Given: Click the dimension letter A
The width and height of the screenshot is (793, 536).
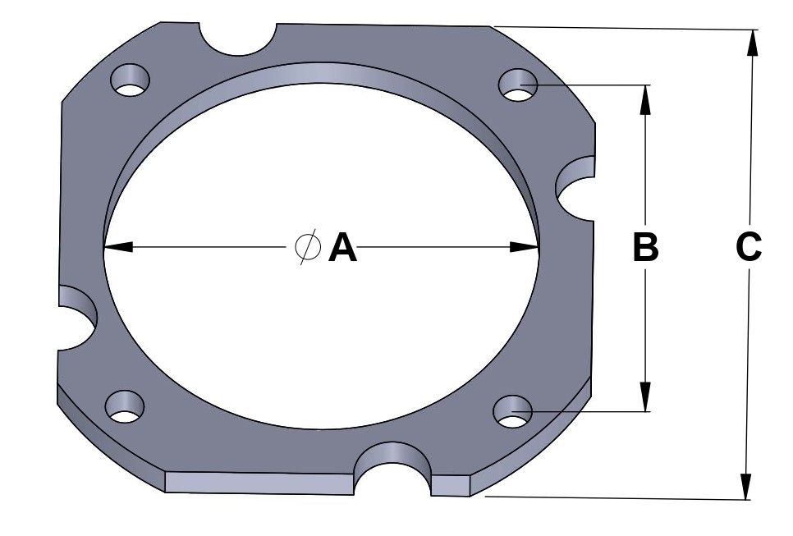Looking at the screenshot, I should click(343, 247).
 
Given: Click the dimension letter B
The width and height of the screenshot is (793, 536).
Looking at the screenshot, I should click(646, 247).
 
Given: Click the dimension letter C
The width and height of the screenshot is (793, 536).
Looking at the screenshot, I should click(749, 247).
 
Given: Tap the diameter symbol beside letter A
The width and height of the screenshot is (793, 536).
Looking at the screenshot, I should click(307, 247).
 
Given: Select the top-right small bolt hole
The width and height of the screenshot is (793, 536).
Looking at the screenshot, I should click(518, 85).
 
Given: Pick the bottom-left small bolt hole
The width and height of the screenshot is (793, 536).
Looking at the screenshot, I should click(125, 406).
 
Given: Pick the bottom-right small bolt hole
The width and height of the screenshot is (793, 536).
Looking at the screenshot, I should click(513, 411).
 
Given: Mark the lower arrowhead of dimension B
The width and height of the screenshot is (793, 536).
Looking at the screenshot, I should click(646, 399).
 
